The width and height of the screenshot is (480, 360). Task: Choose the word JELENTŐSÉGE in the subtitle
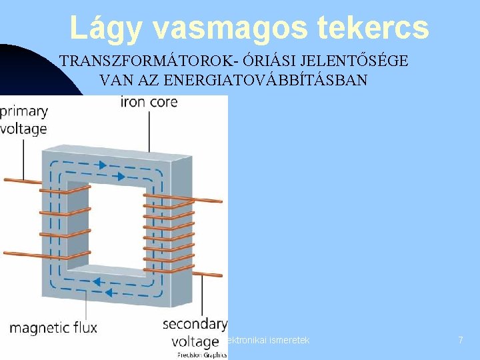click(x=356, y=61)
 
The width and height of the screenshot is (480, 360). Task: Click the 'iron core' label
click(x=149, y=102)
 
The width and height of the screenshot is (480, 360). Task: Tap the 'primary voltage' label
click(x=24, y=120)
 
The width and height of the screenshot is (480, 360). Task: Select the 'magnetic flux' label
click(x=53, y=327)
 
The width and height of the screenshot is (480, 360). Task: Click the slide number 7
click(x=460, y=340)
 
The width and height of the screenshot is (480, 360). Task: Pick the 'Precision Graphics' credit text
click(x=201, y=355)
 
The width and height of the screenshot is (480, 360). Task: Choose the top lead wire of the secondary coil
click(x=200, y=199)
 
